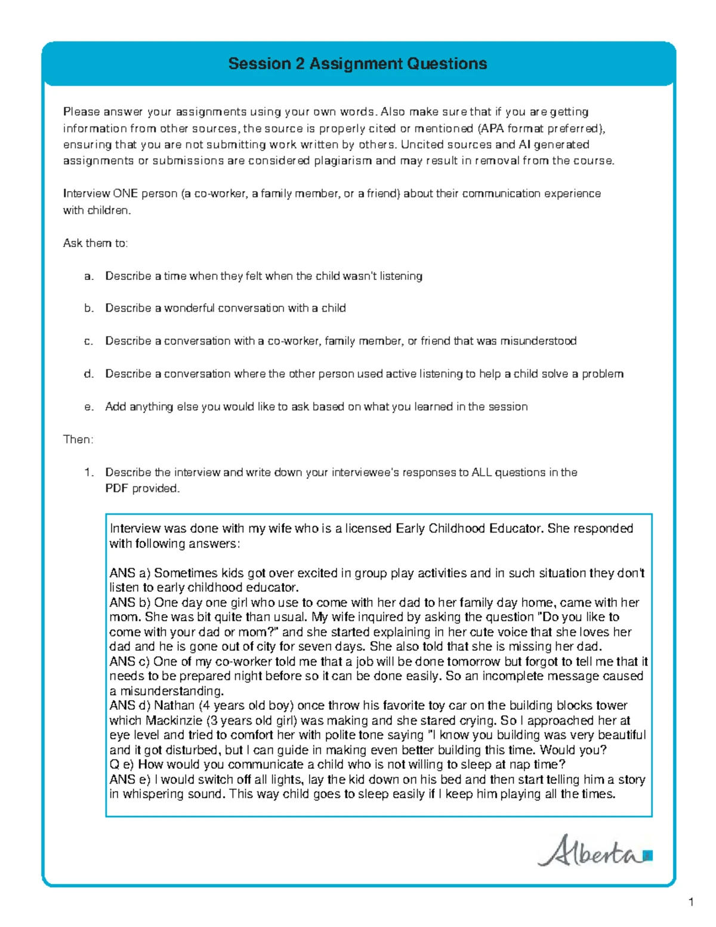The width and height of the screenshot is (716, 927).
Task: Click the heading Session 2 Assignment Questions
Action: pos(357,64)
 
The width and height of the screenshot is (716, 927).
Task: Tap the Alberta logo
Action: pos(594,851)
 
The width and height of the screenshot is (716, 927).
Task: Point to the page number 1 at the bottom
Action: pos(691,902)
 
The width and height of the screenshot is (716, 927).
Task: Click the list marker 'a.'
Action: pos(89,276)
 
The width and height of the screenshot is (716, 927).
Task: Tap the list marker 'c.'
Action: pos(89,341)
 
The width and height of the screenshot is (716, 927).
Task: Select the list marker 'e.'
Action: pos(89,406)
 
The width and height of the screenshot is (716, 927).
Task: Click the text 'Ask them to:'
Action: pos(95,243)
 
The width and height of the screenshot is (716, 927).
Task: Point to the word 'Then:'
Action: pos(78,439)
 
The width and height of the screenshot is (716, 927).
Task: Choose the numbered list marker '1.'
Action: pos(89,472)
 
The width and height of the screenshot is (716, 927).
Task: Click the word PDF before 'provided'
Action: pos(117,488)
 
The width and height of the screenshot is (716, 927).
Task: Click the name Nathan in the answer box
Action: pos(174,706)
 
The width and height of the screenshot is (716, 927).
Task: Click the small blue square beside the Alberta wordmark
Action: pos(648,855)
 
